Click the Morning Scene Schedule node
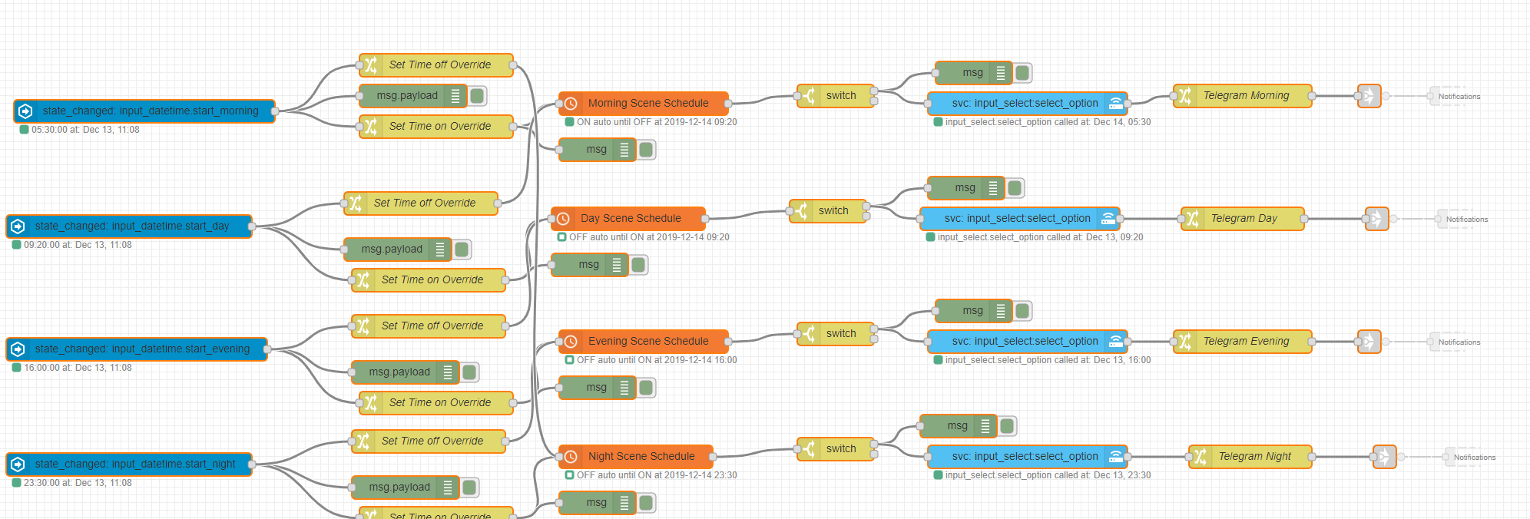coord(647,103)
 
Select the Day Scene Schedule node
coord(631,218)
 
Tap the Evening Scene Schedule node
coord(647,341)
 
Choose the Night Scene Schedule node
coord(641,456)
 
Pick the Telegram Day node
coord(1244,218)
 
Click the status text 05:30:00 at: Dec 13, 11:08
coord(84,130)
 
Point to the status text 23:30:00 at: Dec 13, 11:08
coord(77,483)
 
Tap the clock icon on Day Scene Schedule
coord(563,218)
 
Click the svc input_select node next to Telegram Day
coord(1017,218)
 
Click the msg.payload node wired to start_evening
coord(399,372)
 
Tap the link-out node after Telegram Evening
coord(1369,341)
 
